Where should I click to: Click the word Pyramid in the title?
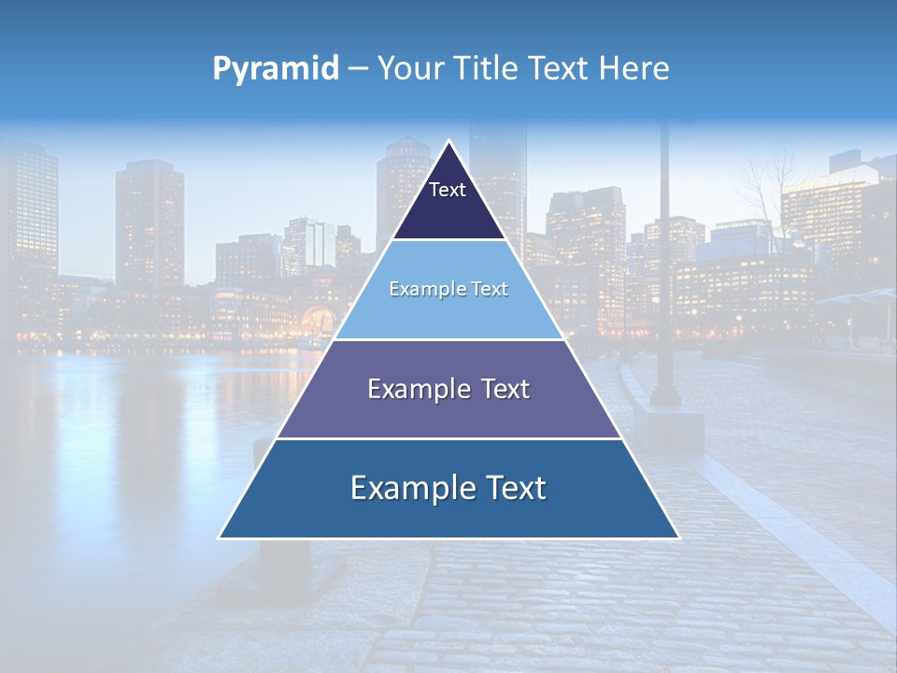[x=276, y=69]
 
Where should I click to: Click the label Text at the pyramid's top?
[x=447, y=190]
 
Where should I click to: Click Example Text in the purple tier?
[x=448, y=389]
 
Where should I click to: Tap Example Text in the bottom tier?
[x=448, y=488]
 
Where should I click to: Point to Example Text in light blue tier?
[x=448, y=289]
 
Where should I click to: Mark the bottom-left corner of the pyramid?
[x=220, y=537]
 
